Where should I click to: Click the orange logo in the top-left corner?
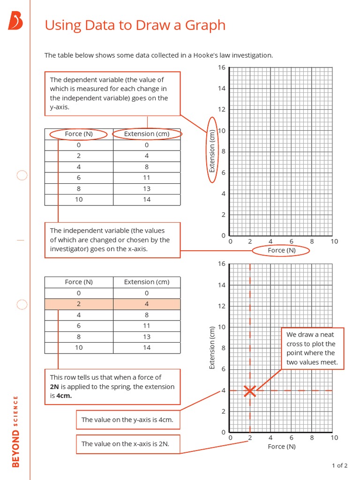15,21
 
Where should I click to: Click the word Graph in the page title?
205,25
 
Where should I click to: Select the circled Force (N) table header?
79,134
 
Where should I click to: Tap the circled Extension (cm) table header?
147,134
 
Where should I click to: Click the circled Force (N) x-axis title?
281,251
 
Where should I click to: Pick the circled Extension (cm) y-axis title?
212,151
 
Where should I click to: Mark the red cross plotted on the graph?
250,390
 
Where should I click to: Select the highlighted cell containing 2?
79,304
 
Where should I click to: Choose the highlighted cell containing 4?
147,304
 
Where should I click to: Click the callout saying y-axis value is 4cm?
127,420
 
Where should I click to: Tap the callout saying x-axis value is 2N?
127,444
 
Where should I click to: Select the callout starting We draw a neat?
312,349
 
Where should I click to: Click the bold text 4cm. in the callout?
64,396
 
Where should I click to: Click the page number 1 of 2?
339,465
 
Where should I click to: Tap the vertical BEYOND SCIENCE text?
16,431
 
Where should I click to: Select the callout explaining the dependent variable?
112,93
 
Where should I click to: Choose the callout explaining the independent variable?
112,240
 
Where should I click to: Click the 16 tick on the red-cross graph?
222,264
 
